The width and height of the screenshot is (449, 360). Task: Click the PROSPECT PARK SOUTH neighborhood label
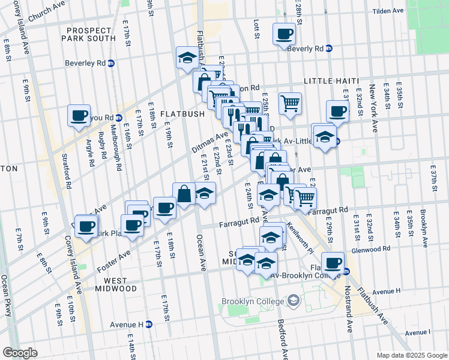click(89, 34)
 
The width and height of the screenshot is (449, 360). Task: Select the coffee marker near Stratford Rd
click(79, 115)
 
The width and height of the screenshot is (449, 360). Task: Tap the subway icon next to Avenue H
click(148, 325)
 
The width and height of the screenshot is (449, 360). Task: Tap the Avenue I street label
click(418, 332)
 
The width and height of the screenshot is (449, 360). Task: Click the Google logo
click(20, 352)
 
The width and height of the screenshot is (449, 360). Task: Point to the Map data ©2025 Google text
click(411, 355)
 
